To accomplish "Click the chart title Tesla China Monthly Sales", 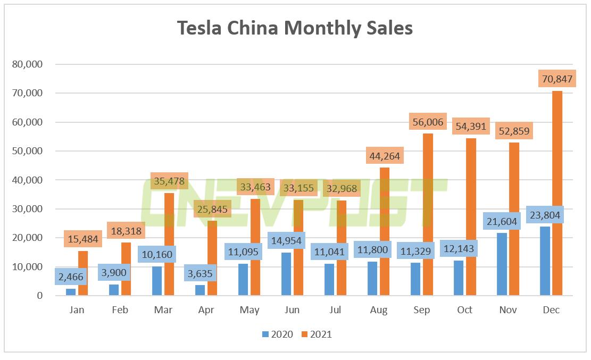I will tap(295, 28).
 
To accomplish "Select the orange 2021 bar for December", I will tap(557, 197).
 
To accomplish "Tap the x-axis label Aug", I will tap(378, 310).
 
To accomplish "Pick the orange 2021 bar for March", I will tap(169, 244).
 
